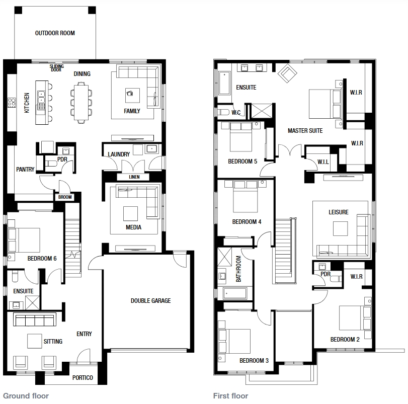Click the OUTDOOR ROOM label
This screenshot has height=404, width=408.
(55, 33)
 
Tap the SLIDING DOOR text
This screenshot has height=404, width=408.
(56, 68)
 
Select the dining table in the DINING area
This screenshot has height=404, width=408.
(81, 102)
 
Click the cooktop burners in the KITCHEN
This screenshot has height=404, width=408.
(12, 102)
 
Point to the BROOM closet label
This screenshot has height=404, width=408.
(65, 197)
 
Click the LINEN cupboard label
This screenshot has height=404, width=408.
(134, 177)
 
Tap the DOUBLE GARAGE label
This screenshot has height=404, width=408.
(150, 301)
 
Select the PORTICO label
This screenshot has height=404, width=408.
(83, 377)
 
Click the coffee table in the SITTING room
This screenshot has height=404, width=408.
(35, 341)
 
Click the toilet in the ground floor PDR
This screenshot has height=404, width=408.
(51, 164)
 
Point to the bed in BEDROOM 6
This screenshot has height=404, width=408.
(24, 240)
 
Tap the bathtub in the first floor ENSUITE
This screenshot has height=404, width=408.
(224, 83)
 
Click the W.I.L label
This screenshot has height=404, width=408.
(323, 162)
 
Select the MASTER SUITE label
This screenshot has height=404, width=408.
(305, 131)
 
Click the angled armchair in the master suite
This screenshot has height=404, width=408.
(287, 73)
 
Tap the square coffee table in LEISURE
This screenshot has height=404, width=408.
(341, 228)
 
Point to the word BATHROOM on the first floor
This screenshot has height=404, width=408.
(238, 269)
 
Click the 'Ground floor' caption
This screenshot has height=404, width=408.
(26, 396)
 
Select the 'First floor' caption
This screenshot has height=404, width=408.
(230, 396)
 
